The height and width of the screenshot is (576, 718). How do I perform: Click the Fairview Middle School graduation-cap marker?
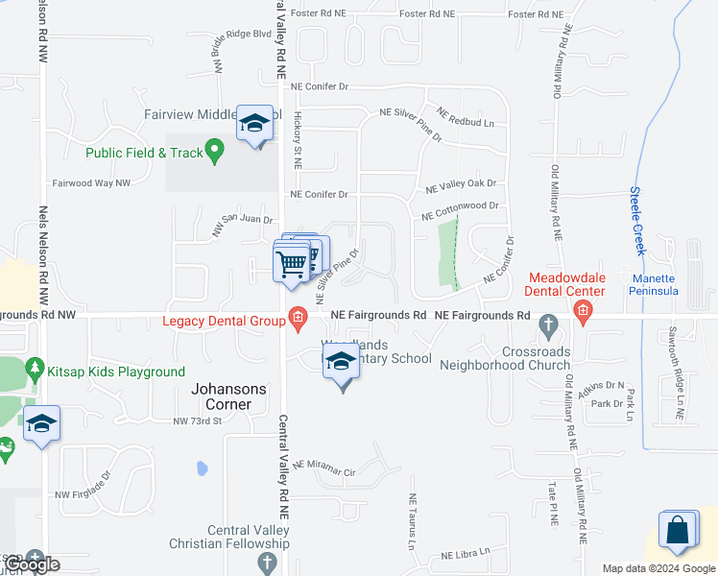[255, 124]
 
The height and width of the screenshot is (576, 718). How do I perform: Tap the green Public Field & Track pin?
[215, 150]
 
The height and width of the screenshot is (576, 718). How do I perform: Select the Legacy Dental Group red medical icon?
[298, 319]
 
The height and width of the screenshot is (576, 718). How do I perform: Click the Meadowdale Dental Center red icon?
[582, 309]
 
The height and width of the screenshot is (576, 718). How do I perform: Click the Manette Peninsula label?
[654, 285]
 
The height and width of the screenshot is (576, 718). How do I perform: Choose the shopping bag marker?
[679, 532]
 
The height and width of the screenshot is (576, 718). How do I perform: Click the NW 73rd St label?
[197, 420]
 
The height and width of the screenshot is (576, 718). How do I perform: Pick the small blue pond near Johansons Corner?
[202, 468]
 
